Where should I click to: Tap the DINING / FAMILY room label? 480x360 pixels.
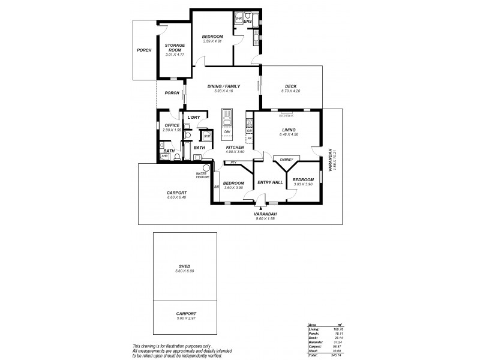pos(223,86)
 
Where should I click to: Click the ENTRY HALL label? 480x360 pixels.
pos(270,182)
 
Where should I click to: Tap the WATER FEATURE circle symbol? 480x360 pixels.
pos(207,167)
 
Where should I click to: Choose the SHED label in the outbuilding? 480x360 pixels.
pos(184,266)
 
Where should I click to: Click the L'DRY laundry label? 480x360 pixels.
pos(193,118)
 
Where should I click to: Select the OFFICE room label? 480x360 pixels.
pos(172,125)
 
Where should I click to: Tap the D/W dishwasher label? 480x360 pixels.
pos(227,131)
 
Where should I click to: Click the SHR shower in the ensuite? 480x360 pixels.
pos(238,18)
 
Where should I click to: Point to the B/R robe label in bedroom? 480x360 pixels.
pos(217,187)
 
